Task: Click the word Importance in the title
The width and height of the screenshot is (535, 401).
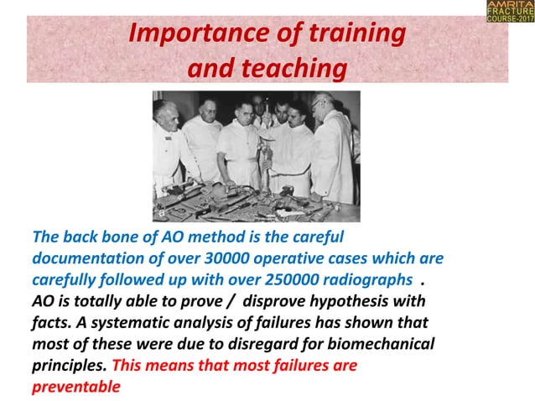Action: pos(186,36)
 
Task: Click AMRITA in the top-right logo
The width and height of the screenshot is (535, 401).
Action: pos(509,6)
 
